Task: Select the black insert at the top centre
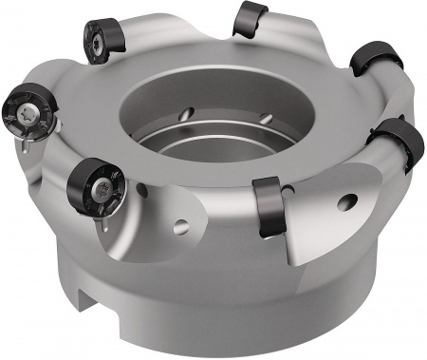251,18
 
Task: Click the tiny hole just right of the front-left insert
141,190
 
